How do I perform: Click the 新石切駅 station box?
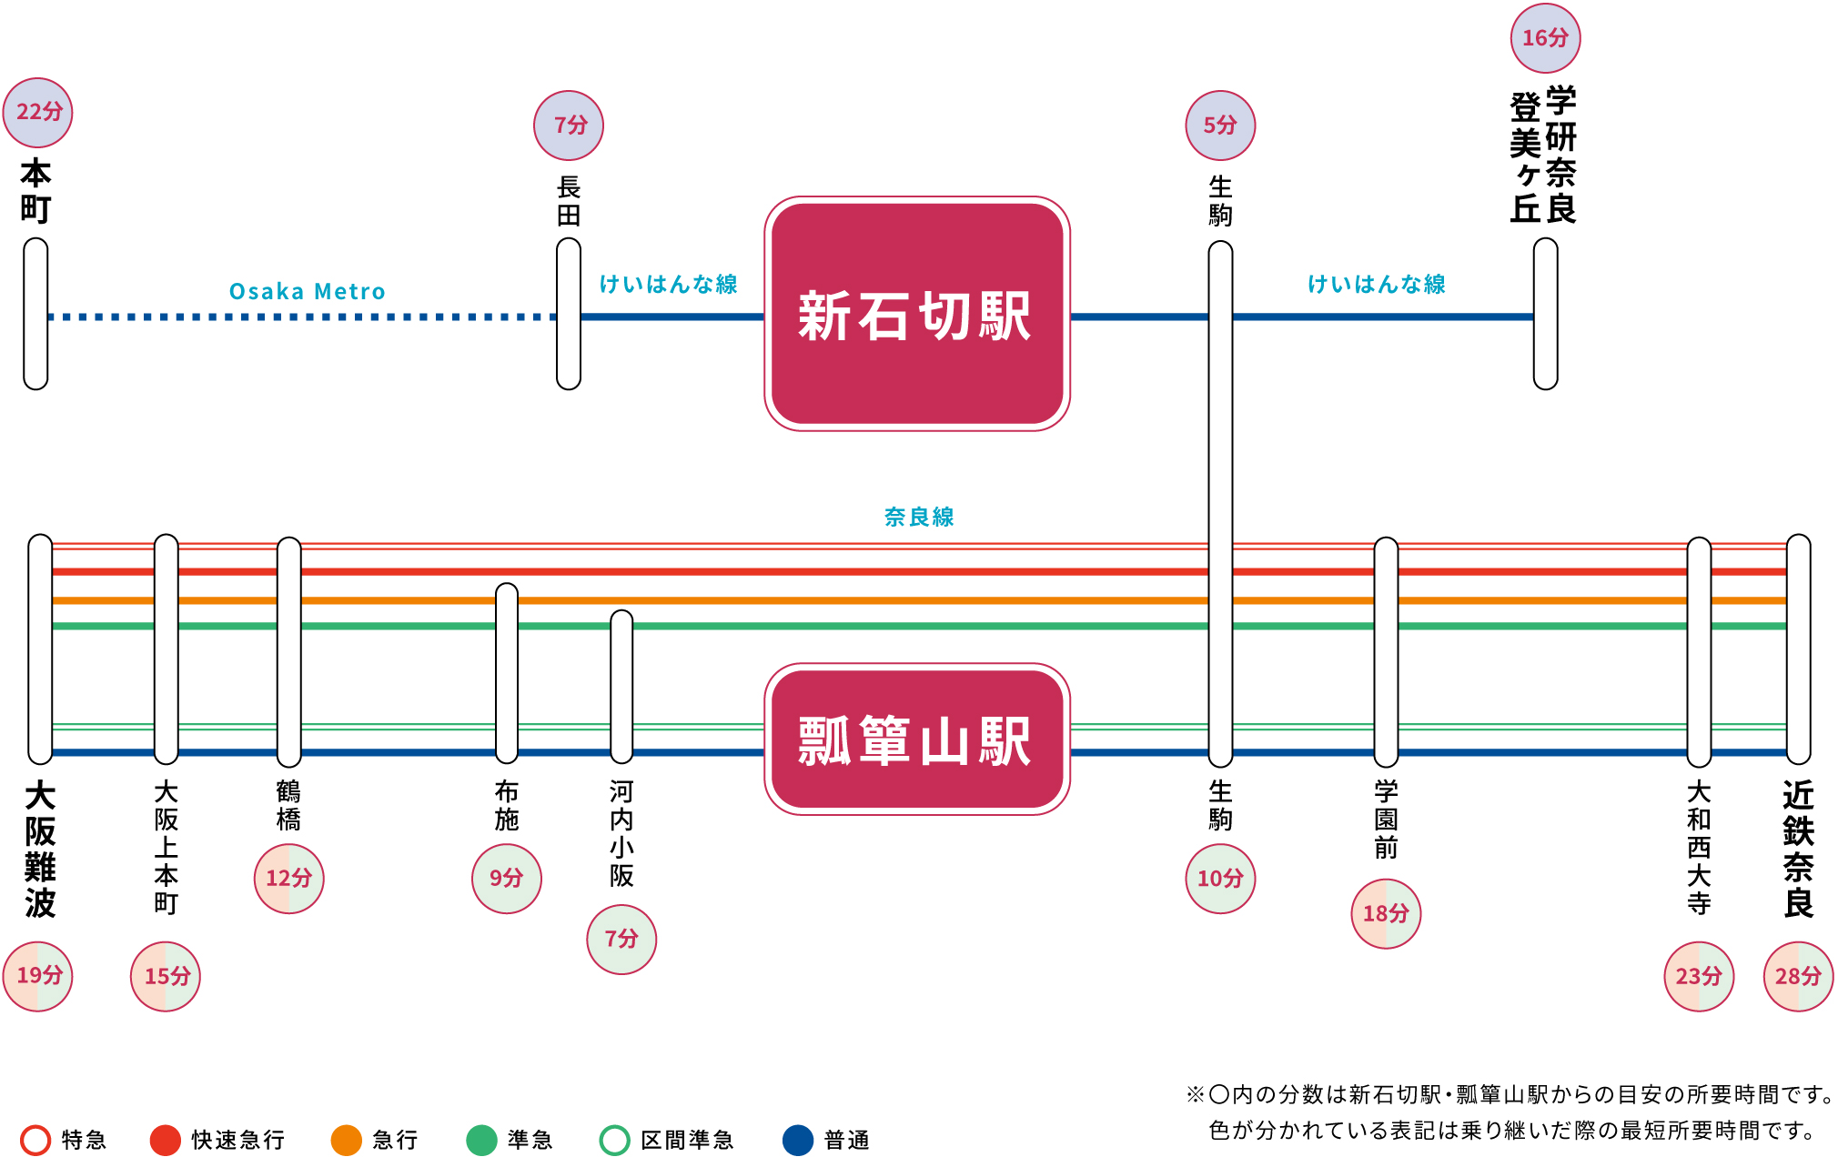916,314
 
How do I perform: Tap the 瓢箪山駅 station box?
916,739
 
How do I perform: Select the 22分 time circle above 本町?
38,112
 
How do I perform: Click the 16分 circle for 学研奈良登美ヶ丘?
1545,38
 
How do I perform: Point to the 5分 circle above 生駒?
1220,126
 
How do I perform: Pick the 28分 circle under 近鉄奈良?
1798,976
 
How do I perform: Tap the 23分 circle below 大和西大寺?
1699,976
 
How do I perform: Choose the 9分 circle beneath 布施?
507,879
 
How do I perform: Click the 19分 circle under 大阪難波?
38,976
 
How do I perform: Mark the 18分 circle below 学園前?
1386,913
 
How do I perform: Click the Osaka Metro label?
307,292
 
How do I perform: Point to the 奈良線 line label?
919,517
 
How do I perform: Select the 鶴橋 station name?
288,806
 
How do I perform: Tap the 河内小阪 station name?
621,833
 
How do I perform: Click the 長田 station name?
569,201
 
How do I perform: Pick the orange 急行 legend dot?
347,1140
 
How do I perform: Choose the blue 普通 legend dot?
798,1140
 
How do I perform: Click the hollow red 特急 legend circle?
35,1140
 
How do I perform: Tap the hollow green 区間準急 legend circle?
615,1140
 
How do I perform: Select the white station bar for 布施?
507,673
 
